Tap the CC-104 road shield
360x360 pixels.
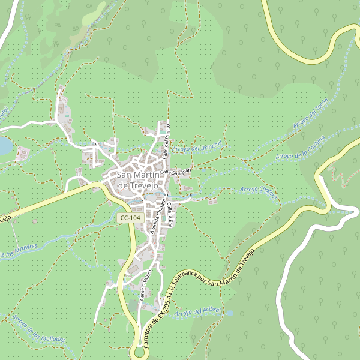[x=130, y=218]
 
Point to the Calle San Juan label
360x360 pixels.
[x=176, y=172]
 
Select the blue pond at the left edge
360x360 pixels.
[x=4, y=146]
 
